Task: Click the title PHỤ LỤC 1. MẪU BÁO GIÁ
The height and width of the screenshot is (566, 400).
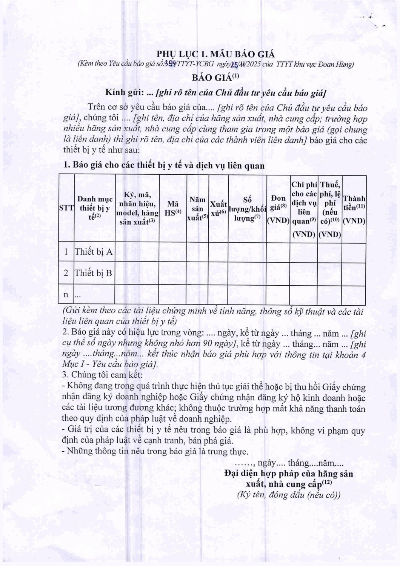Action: [215, 54]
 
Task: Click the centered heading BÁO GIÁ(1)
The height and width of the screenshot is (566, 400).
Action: [215, 77]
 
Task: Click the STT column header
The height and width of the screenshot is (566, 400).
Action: [66, 208]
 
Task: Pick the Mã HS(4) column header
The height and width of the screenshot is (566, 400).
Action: [173, 209]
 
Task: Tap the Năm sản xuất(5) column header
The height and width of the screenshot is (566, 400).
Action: [197, 209]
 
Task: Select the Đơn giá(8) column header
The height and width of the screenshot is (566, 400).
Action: [278, 209]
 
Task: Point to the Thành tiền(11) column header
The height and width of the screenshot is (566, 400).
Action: [354, 209]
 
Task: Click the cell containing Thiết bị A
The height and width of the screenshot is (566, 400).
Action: [94, 252]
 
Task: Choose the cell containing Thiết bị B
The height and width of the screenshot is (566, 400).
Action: [94, 273]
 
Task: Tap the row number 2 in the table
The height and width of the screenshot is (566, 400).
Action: [66, 273]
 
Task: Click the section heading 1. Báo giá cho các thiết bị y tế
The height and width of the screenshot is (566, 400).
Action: [164, 165]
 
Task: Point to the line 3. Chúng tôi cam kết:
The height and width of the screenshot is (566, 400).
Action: [102, 375]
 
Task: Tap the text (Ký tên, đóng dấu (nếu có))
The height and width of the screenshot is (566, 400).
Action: [289, 495]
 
